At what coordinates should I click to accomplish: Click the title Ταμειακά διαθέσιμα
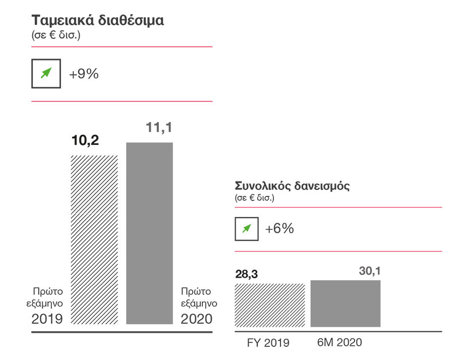coord(98,21)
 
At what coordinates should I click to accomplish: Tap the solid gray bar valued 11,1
coord(149,233)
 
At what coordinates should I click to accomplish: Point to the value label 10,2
coord(85,140)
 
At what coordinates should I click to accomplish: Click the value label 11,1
coord(159,128)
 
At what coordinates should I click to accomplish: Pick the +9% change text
coord(84,74)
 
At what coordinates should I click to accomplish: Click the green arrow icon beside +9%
coord(46,74)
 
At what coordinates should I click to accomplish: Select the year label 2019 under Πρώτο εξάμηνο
coord(47,319)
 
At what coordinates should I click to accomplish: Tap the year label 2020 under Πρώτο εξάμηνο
coord(197,319)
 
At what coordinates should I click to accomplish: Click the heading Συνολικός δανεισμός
coord(292,185)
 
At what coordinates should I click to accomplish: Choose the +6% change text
coord(279,229)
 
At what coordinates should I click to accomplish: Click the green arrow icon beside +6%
coord(247,229)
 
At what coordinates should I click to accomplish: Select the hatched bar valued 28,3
coord(270,305)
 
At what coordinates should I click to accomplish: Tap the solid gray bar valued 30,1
coord(346,303)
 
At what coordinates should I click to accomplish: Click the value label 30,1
coord(369,271)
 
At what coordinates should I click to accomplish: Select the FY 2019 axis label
coord(268,343)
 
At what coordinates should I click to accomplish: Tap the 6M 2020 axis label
coord(339,342)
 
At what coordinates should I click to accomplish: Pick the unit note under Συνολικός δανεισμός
coord(254,198)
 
